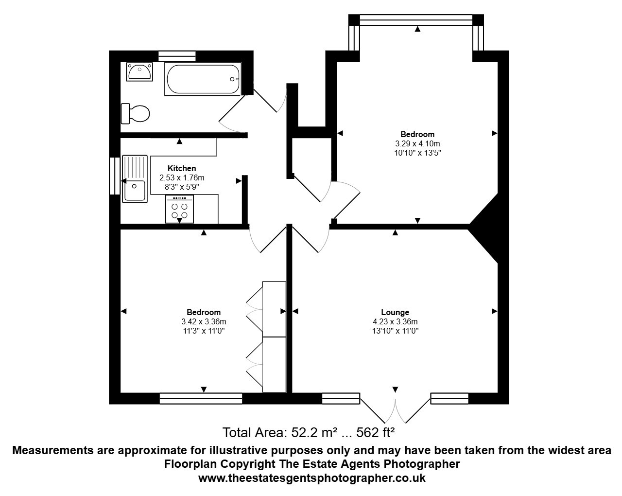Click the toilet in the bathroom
pos(135,113)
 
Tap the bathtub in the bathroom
pos(203,79)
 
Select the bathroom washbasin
pos(139,71)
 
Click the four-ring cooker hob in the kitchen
pos(179,209)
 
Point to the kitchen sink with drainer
pos(135,179)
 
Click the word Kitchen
pos(182,168)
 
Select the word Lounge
pos(395,312)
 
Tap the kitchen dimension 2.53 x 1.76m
pos(182,177)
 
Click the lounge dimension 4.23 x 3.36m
pos(395,321)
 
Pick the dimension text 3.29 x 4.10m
pos(417,143)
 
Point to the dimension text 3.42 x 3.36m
pos(204,321)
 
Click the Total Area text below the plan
pos(309,432)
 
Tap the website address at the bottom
pos(312,478)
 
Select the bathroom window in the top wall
pos(177,56)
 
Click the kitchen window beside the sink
pos(115,176)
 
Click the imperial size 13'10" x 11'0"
pos(395,331)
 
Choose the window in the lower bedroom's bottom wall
pos(201,398)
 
